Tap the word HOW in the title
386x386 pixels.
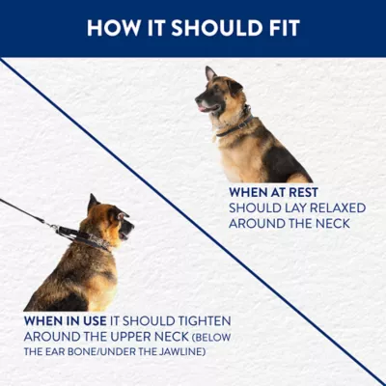click(109, 28)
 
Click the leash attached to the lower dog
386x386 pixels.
click(29, 214)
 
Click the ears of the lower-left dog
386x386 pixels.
click(95, 203)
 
